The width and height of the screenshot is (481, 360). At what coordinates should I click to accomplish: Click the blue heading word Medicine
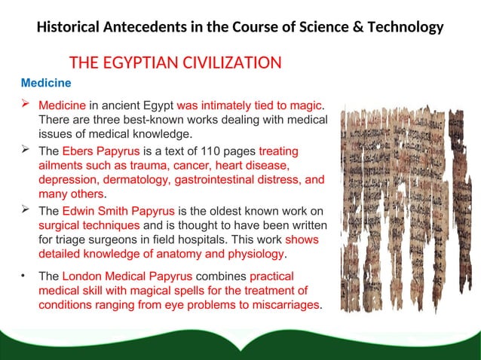(x=46, y=81)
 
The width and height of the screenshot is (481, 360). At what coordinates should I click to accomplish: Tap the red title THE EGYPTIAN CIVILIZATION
(x=176, y=62)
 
